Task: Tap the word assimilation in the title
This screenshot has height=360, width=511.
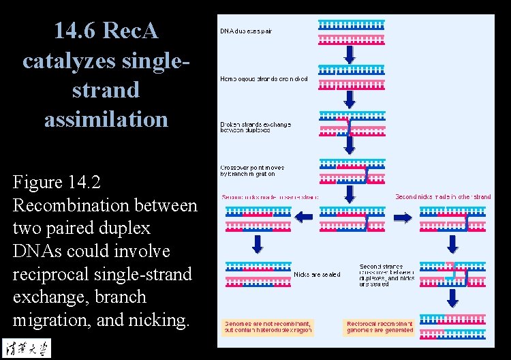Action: pyautogui.click(x=106, y=119)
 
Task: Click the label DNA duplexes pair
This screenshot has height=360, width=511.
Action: pyautogui.click(x=246, y=31)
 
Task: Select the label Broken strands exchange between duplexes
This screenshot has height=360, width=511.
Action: pyautogui.click(x=255, y=127)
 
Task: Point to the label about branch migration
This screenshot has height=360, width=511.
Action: pyautogui.click(x=252, y=170)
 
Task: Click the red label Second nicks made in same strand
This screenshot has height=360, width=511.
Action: pyautogui.click(x=270, y=197)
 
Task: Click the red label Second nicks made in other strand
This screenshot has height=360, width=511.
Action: pyautogui.click(x=443, y=197)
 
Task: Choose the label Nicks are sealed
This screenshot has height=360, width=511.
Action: pyautogui.click(x=317, y=275)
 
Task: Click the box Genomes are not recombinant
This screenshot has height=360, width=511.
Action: pyautogui.click(x=268, y=327)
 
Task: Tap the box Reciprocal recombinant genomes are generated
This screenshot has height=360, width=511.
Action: pyautogui.click(x=380, y=327)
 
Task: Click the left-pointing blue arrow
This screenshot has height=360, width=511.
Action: pyautogui.click(x=303, y=217)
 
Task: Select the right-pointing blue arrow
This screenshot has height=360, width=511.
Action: pyautogui.click(x=403, y=217)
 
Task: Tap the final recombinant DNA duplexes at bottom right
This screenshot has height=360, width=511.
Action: pyautogui.click(x=452, y=327)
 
